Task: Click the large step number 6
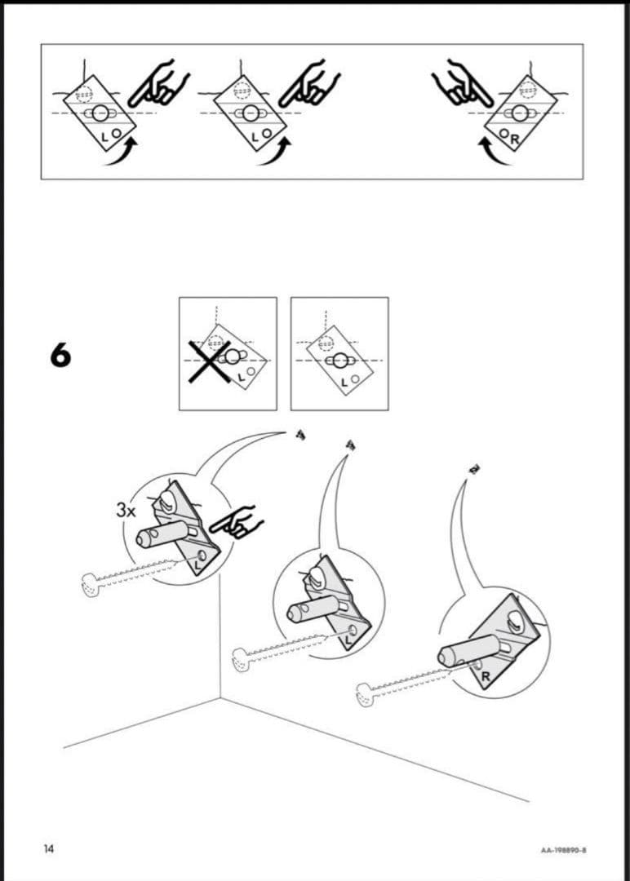pos(60,356)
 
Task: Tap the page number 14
pos(49,849)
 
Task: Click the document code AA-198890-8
pos(564,850)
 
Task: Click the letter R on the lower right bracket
pos(485,676)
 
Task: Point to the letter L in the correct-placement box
pos(344,381)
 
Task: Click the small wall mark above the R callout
pos(472,469)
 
